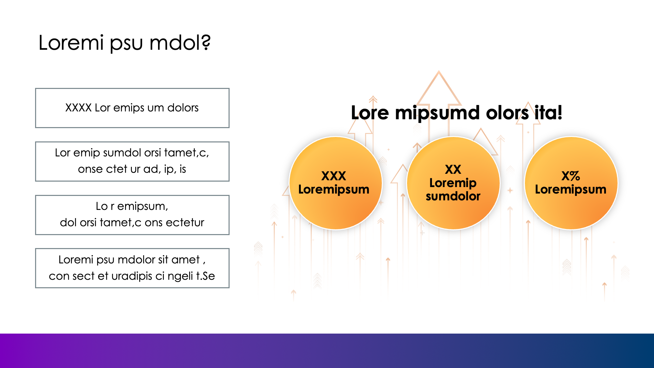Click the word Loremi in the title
pos(71,43)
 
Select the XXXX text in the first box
pos(78,108)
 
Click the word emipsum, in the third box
pos(143,206)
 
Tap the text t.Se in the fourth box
pos(205,276)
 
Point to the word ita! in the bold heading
pos(548,112)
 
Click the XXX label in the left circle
pos(333,176)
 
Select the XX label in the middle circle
pos(453,169)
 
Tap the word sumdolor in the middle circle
pos(453,196)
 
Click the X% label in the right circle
pos(571,176)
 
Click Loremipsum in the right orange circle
pos(571,189)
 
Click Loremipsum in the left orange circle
pos(333,189)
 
